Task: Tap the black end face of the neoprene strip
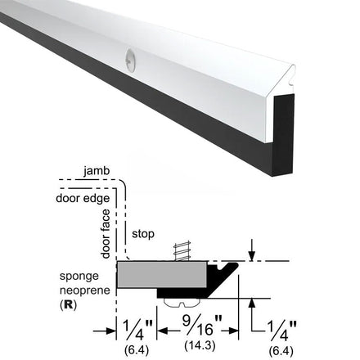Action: [x=284, y=135]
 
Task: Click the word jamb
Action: [x=97, y=171]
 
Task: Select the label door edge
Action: [x=83, y=198]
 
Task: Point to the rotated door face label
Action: [x=106, y=234]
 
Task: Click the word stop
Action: [x=143, y=234]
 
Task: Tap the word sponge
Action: [x=79, y=277]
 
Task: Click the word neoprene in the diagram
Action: [x=85, y=290]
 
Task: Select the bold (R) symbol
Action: [x=68, y=304]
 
